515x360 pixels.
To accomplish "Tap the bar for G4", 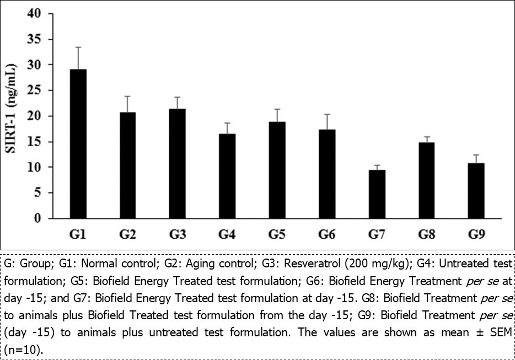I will pyautogui.click(x=227, y=176).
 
